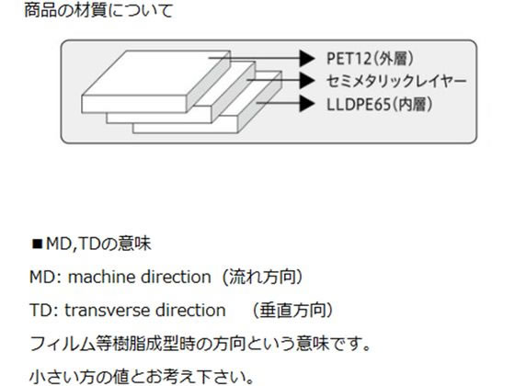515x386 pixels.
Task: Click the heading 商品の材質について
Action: tap(98, 10)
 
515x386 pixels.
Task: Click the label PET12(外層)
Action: tap(370, 59)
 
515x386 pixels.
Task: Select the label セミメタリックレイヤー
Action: tap(396, 81)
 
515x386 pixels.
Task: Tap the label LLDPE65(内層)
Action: tap(379, 105)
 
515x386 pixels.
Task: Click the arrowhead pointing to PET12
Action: tap(307, 58)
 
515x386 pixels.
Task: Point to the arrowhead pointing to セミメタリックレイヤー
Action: tap(307, 80)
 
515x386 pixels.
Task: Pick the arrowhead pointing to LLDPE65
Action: tap(307, 103)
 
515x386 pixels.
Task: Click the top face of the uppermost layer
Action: tap(154, 73)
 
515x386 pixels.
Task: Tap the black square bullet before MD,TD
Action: tap(37, 244)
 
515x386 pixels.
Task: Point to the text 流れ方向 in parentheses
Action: tap(262, 277)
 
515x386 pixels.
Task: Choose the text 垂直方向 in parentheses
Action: tap(292, 311)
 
